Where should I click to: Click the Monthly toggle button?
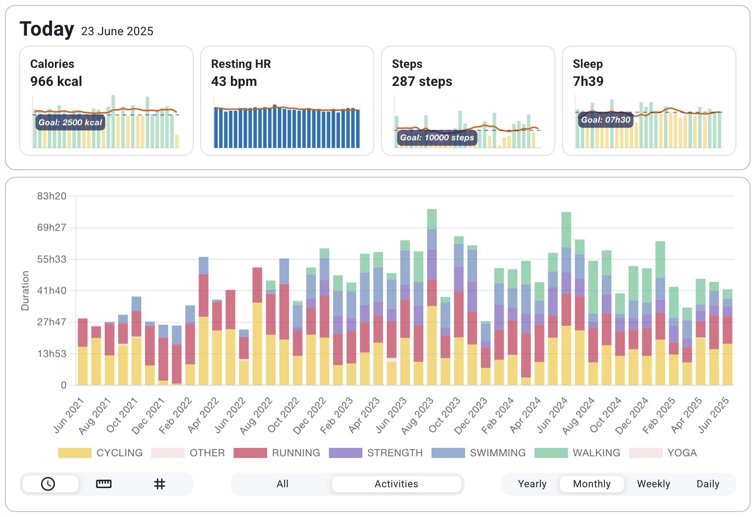click(x=591, y=484)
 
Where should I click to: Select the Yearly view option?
click(x=532, y=484)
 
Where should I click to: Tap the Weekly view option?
click(x=653, y=484)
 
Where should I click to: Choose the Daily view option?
click(x=707, y=484)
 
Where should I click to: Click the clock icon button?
click(x=48, y=484)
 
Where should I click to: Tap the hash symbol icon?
click(x=159, y=484)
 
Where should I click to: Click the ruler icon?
click(x=104, y=484)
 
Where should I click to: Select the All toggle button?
click(x=282, y=484)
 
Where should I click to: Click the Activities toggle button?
click(x=396, y=484)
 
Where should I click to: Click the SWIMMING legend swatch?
click(x=448, y=453)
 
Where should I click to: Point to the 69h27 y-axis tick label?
click(x=52, y=227)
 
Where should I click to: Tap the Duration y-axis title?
click(x=25, y=290)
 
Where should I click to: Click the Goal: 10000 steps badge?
click(x=437, y=137)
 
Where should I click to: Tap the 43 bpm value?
click(x=234, y=81)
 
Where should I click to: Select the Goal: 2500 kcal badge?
click(x=70, y=122)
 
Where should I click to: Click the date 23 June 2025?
click(x=117, y=31)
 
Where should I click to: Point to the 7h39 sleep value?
click(x=588, y=81)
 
